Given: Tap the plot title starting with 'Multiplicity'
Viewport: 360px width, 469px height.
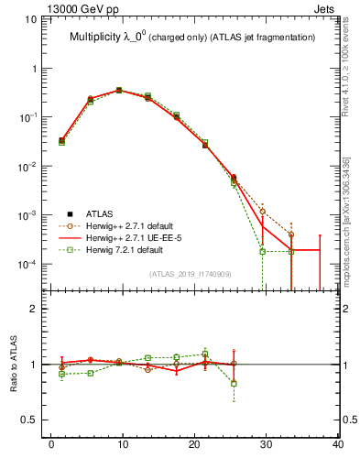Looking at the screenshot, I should (192, 38).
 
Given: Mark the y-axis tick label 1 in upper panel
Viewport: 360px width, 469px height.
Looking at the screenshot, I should (39, 69).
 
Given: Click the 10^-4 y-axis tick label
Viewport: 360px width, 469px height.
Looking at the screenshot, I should (32, 264).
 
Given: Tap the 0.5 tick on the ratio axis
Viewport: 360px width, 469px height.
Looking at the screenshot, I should (34, 420).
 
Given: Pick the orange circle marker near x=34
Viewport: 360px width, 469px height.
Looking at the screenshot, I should (290, 234).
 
